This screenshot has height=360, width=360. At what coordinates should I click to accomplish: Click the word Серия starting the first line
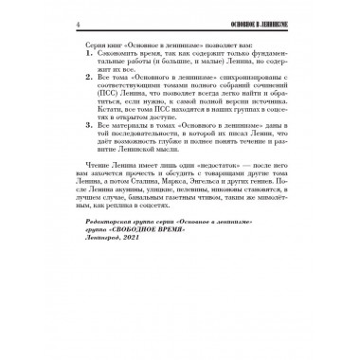[92, 45]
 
